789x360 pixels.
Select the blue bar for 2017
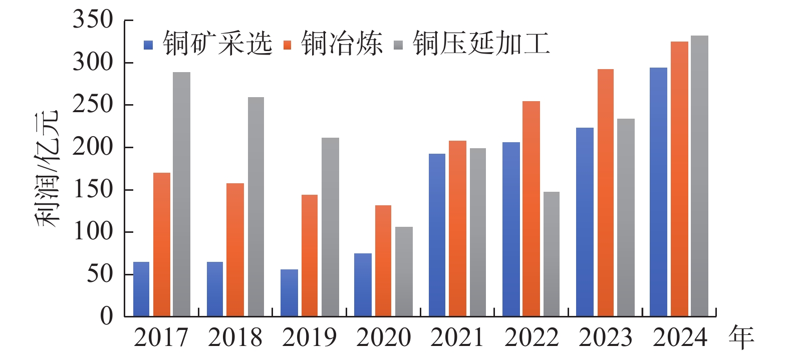[x=141, y=289]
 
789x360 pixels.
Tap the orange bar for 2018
[x=235, y=250]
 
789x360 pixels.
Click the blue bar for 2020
[x=363, y=285]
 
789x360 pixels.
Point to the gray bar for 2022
[x=552, y=254]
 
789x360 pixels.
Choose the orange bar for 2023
[x=605, y=193]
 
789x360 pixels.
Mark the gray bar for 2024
[x=699, y=176]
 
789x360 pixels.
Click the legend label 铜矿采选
[x=217, y=44]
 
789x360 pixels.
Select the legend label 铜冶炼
[x=342, y=44]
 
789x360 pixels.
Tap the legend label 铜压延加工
[x=481, y=44]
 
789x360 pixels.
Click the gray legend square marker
[x=398, y=45]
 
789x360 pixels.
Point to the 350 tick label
[x=93, y=20]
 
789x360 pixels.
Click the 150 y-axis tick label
[x=93, y=190]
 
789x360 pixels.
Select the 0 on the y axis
[x=106, y=316]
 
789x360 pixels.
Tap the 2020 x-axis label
[x=383, y=337]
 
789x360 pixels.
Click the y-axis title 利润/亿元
[x=48, y=168]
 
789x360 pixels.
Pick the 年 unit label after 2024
[x=741, y=336]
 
